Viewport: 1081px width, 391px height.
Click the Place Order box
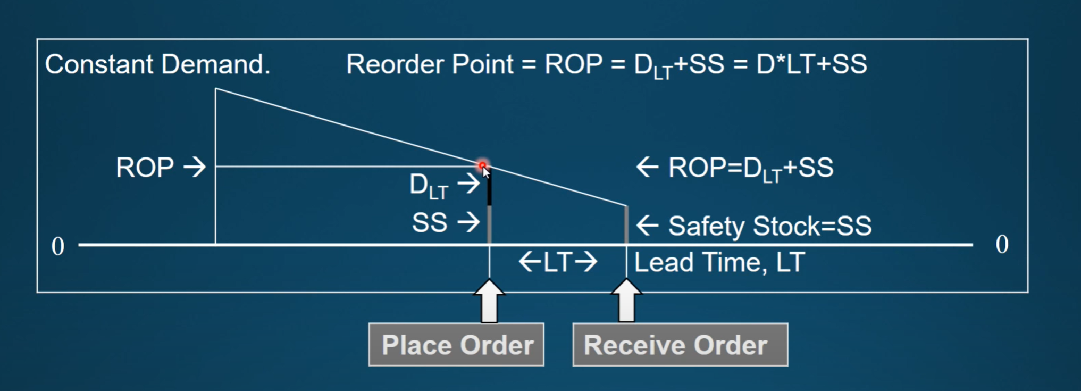coord(456,345)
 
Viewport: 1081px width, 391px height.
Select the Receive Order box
coord(680,345)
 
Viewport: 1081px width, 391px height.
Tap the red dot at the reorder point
coord(482,165)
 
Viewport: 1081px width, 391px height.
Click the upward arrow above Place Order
coord(489,302)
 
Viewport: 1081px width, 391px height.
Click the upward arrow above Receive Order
coord(626,302)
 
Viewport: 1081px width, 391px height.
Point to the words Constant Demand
coord(157,64)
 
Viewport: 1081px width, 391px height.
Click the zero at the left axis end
coord(57,247)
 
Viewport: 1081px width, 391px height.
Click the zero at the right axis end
coord(1002,245)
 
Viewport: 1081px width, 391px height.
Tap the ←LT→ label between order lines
coord(558,262)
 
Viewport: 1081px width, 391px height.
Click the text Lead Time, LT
coord(719,262)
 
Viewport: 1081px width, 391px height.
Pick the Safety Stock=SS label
coord(769,226)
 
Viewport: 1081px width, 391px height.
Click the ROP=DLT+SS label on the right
coord(750,168)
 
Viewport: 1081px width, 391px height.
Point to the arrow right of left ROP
coord(195,167)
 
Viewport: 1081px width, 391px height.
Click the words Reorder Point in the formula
coord(430,64)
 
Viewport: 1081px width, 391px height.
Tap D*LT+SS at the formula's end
coord(811,64)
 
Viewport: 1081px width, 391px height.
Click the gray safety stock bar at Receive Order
coord(626,225)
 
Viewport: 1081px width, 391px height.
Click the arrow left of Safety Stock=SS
coord(648,226)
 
